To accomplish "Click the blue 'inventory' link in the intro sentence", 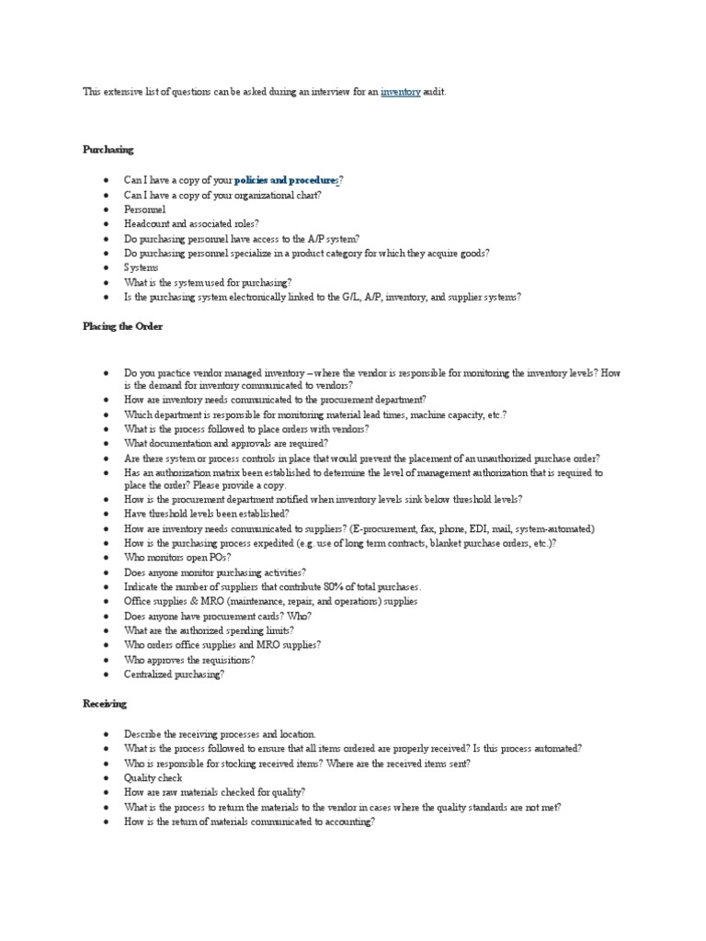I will tap(401, 93).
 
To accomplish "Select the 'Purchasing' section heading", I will tap(108, 149).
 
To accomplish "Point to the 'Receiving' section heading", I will tap(105, 703).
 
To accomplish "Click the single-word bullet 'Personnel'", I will tap(145, 210).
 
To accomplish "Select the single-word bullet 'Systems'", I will tap(142, 267).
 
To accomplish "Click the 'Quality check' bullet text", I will tap(154, 777).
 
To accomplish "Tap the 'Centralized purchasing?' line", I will tap(175, 674).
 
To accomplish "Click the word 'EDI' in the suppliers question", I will tap(495, 529).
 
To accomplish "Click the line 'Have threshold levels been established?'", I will tap(208, 514).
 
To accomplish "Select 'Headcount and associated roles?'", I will tap(192, 223).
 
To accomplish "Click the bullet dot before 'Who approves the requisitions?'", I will tap(108, 660).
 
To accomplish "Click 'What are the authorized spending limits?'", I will tap(210, 630).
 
